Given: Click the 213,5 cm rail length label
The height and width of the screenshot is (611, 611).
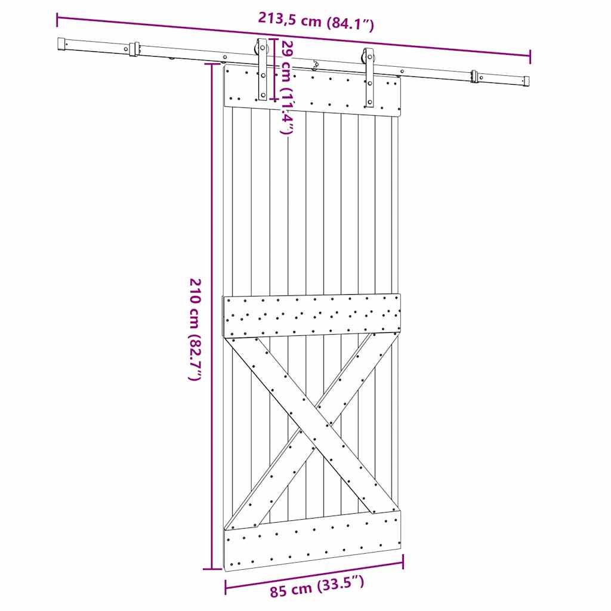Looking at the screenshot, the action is click(x=316, y=21).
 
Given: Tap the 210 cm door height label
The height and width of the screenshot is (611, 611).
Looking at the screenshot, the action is click(x=195, y=329).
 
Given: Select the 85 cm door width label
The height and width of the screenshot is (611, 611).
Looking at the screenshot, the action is click(x=317, y=587).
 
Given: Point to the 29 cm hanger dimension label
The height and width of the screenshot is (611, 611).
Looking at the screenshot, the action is click(x=286, y=87).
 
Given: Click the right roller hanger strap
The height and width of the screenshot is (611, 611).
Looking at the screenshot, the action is click(x=369, y=78).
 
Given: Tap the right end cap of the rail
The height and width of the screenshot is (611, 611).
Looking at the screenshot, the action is click(x=526, y=81).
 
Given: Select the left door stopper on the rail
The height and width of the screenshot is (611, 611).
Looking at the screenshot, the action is click(x=134, y=50).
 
